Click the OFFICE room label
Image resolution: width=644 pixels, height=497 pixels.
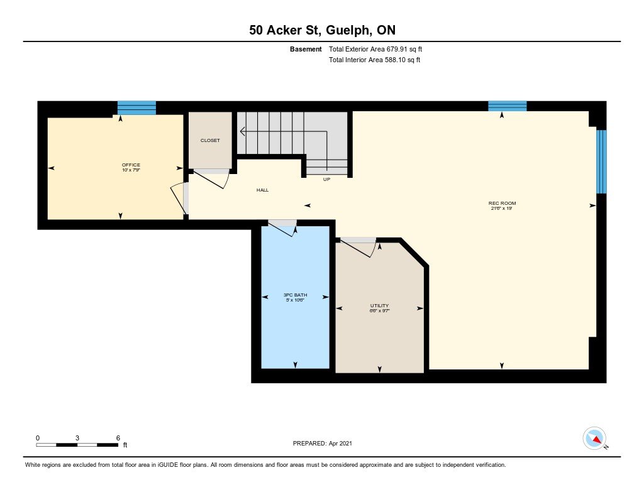click(131, 165)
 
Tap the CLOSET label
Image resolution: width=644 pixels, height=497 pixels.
click(210, 140)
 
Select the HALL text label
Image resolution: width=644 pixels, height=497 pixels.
click(262, 190)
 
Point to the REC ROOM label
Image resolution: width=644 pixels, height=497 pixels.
click(502, 203)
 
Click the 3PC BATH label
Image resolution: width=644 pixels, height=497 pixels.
click(296, 295)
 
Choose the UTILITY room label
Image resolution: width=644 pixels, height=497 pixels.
click(379, 306)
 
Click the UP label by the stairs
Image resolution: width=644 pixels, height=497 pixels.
click(326, 179)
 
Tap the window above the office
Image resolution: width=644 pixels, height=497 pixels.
click(136, 108)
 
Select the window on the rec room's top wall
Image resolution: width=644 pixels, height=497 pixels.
click(508, 106)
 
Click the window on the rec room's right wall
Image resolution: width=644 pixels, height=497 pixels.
click(601, 161)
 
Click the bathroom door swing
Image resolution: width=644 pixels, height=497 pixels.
click(284, 228)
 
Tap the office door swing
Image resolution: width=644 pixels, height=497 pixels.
click(179, 199)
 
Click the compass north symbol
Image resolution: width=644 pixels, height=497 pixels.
click(595, 439)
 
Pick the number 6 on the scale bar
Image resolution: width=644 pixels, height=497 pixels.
click(118, 438)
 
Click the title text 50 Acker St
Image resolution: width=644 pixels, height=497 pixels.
click(287, 30)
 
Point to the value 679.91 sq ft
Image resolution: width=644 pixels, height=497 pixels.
click(404, 49)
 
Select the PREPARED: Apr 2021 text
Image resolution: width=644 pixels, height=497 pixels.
click(323, 443)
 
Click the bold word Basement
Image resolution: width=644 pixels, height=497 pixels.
click(306, 49)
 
